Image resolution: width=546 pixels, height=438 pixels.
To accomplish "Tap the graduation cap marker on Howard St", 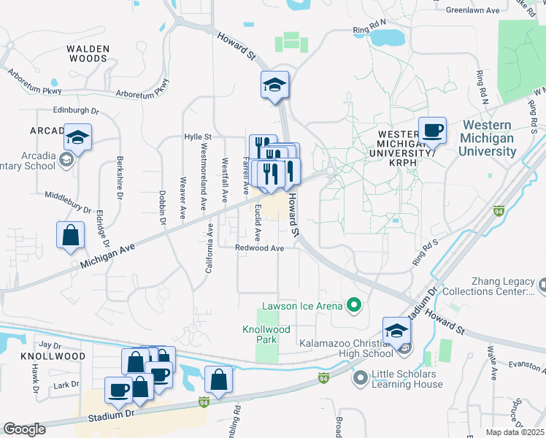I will click(275, 85).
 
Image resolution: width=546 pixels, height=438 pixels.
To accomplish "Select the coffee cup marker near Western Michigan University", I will click(432, 131).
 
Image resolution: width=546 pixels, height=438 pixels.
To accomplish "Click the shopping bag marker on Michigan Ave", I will click(70, 236).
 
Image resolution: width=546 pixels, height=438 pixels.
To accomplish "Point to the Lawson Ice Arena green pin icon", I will click(355, 305).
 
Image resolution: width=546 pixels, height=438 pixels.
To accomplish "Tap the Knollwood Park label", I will click(266, 334).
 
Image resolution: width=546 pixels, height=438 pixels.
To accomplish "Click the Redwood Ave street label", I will click(259, 248).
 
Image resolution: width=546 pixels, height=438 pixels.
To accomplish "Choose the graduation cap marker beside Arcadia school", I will click(77, 137).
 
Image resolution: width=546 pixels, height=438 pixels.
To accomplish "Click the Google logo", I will click(24, 429).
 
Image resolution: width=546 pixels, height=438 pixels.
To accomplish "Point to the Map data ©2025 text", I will click(515, 432).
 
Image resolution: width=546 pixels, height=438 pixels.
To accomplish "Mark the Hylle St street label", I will click(197, 137).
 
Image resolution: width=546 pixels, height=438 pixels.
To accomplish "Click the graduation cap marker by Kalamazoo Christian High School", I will click(396, 330).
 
